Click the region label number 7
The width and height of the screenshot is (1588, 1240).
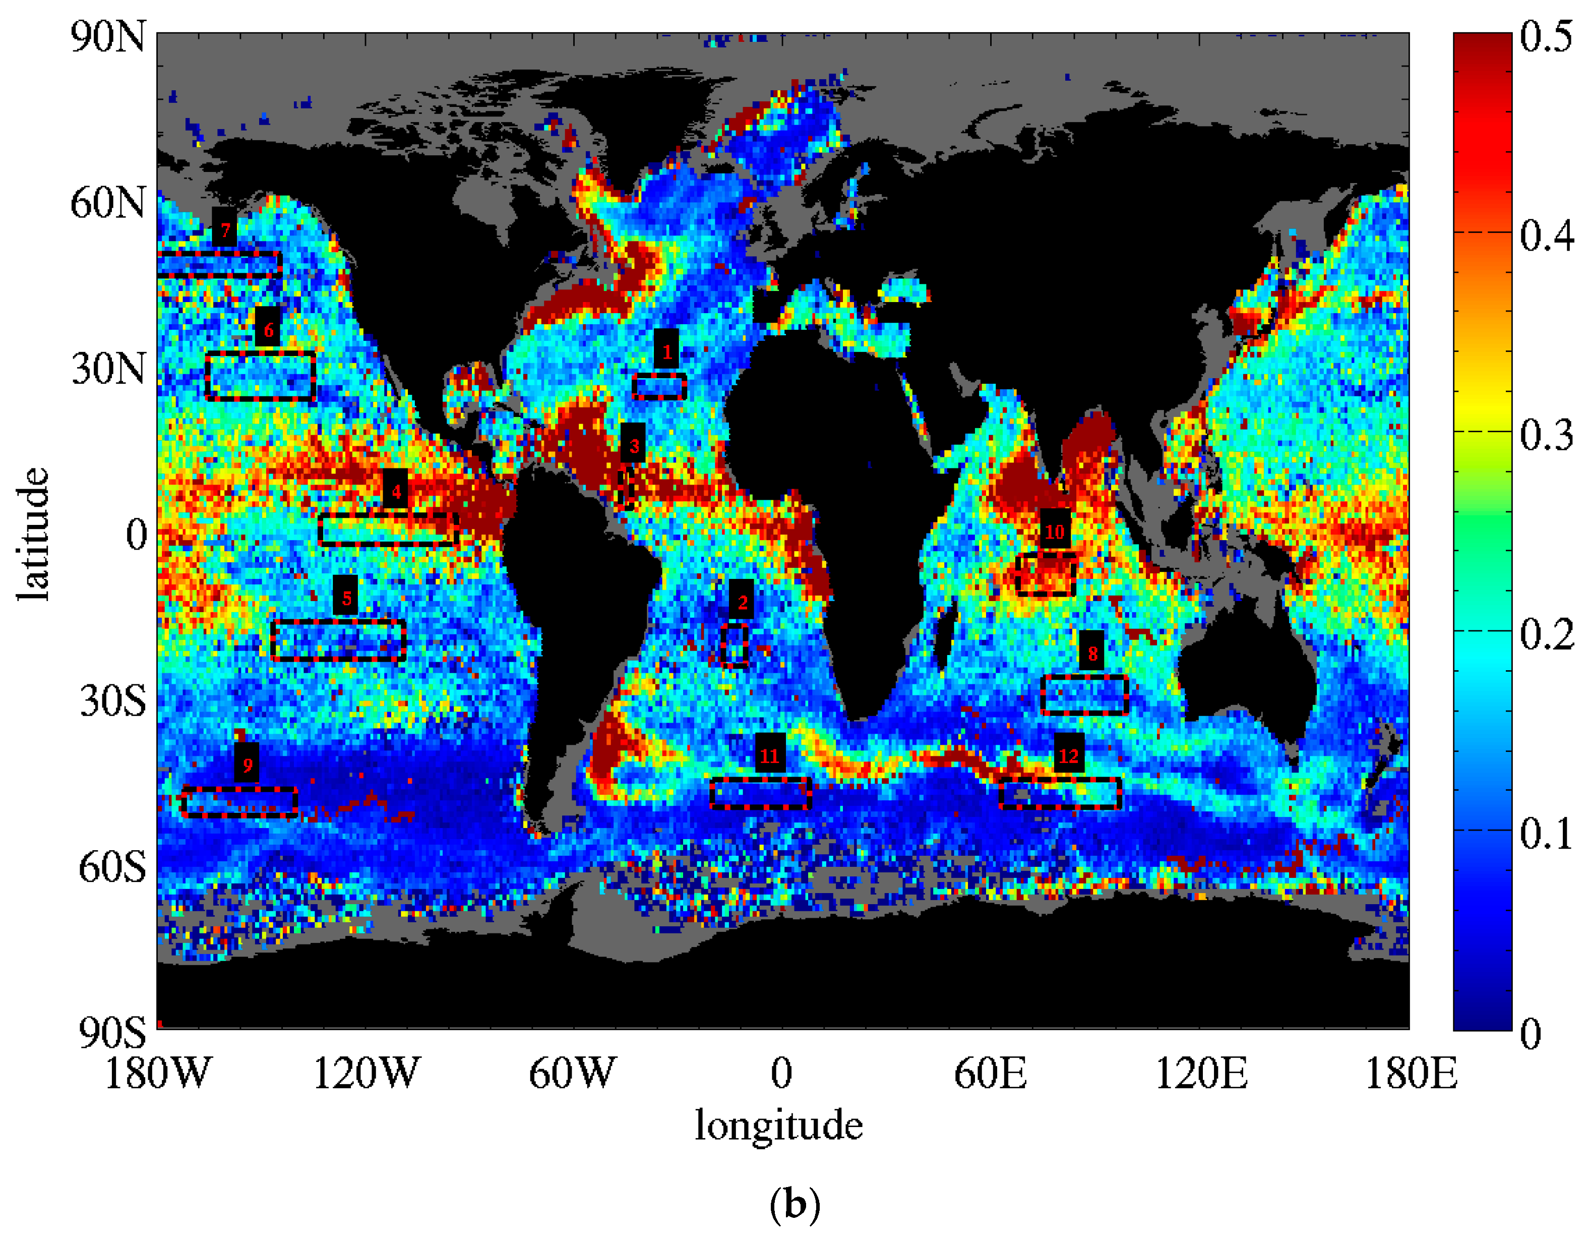point(225,230)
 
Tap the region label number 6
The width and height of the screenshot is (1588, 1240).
point(268,330)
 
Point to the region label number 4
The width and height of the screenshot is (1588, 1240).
point(396,492)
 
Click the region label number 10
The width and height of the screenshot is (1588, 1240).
point(1054,532)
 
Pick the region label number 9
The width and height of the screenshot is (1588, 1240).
point(247,765)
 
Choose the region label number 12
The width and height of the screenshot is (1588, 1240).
point(1068,755)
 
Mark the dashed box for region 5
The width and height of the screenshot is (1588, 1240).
point(338,640)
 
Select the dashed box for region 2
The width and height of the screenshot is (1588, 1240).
point(735,644)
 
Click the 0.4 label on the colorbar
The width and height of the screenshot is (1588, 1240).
point(1547,235)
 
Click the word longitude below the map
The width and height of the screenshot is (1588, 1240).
point(779,1125)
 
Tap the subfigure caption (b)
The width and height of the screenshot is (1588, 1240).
point(794,1205)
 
